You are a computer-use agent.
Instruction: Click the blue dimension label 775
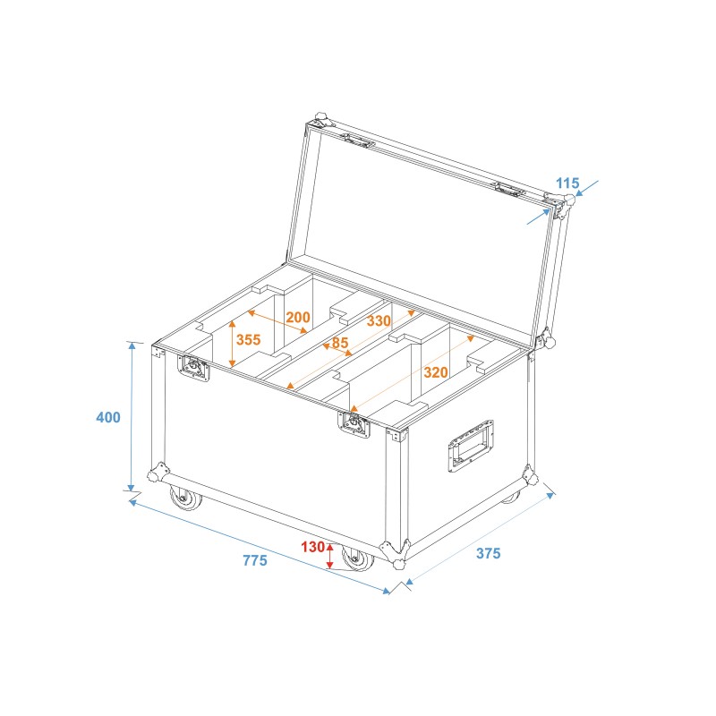(x=255, y=561)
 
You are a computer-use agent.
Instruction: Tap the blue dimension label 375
(x=488, y=553)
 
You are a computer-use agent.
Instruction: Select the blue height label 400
(x=108, y=416)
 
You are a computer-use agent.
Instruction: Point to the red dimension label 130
(x=312, y=548)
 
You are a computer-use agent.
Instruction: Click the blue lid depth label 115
(x=567, y=183)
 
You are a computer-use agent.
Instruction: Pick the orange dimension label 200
(x=298, y=318)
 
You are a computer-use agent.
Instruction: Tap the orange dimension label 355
(x=249, y=340)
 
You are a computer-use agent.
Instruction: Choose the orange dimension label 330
(x=379, y=320)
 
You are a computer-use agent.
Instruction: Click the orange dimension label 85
(x=340, y=342)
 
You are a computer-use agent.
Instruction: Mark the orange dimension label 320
(x=436, y=372)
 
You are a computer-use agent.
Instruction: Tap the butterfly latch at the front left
(x=194, y=368)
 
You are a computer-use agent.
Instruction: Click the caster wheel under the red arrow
(x=358, y=558)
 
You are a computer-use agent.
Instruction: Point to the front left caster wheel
(x=186, y=498)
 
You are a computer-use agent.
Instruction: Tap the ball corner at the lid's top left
(x=321, y=120)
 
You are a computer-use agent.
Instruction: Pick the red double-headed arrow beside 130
(x=331, y=556)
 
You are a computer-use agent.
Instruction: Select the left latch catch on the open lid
(x=359, y=141)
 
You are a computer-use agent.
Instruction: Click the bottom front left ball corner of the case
(x=159, y=473)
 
